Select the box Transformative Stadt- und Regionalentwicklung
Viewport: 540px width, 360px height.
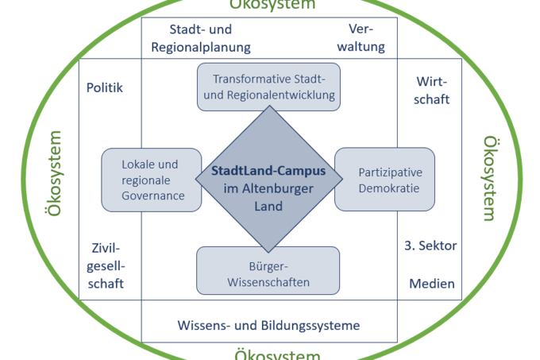pos(268,87)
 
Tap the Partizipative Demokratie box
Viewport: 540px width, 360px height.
pos(384,179)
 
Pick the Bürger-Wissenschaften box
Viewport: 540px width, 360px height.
pos(268,271)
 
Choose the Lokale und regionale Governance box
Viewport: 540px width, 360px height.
pos(152,180)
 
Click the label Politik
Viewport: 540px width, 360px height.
pos(105,88)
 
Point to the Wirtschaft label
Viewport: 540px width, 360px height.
pos(432,91)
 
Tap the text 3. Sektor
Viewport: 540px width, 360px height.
pos(430,246)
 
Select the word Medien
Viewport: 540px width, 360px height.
pos(432,284)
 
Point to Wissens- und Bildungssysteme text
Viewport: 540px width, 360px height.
pos(268,325)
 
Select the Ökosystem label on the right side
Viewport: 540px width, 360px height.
pos(488,180)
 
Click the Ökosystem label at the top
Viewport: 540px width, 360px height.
pos(272,5)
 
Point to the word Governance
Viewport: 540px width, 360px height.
pos(153,195)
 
